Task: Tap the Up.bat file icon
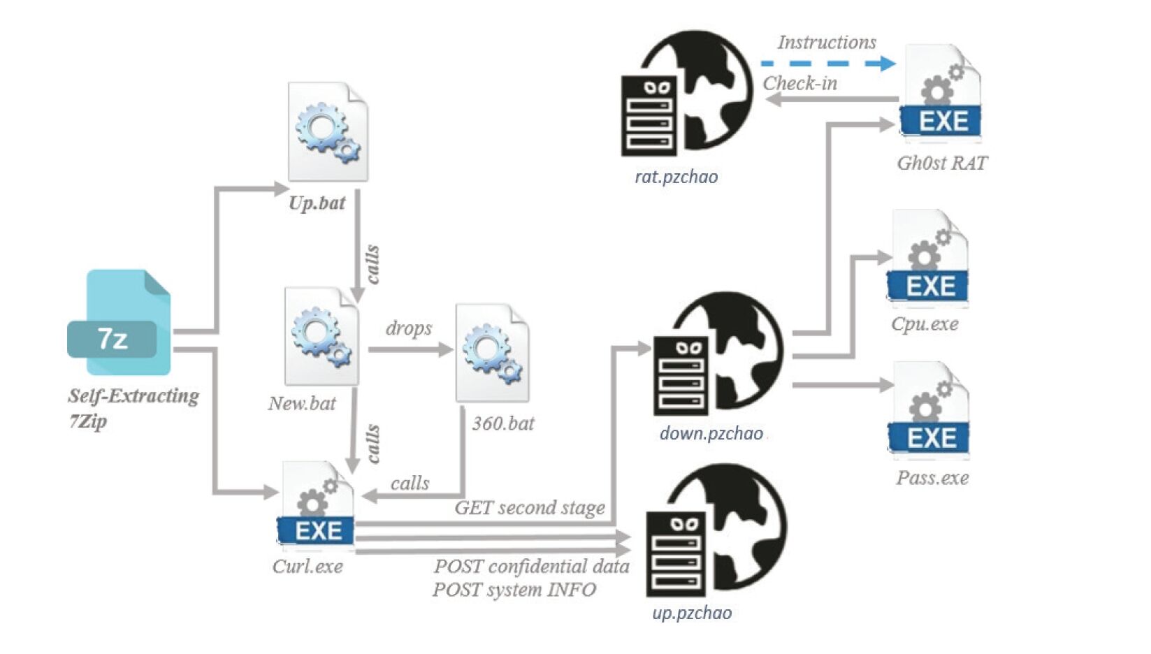coord(328,133)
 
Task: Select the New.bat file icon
coord(322,336)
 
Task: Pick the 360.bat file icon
coord(492,353)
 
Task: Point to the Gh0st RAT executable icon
coord(941,94)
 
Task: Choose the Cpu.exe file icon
coord(928,259)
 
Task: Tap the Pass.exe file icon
coord(929,412)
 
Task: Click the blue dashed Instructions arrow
coord(827,64)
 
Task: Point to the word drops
coord(409,328)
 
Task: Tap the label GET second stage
coord(530,507)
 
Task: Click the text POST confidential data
coord(531,566)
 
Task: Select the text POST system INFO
coord(514,590)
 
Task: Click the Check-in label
coord(799,83)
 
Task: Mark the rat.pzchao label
coord(676,176)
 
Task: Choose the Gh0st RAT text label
coord(942,163)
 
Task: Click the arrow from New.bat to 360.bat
coord(410,349)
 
